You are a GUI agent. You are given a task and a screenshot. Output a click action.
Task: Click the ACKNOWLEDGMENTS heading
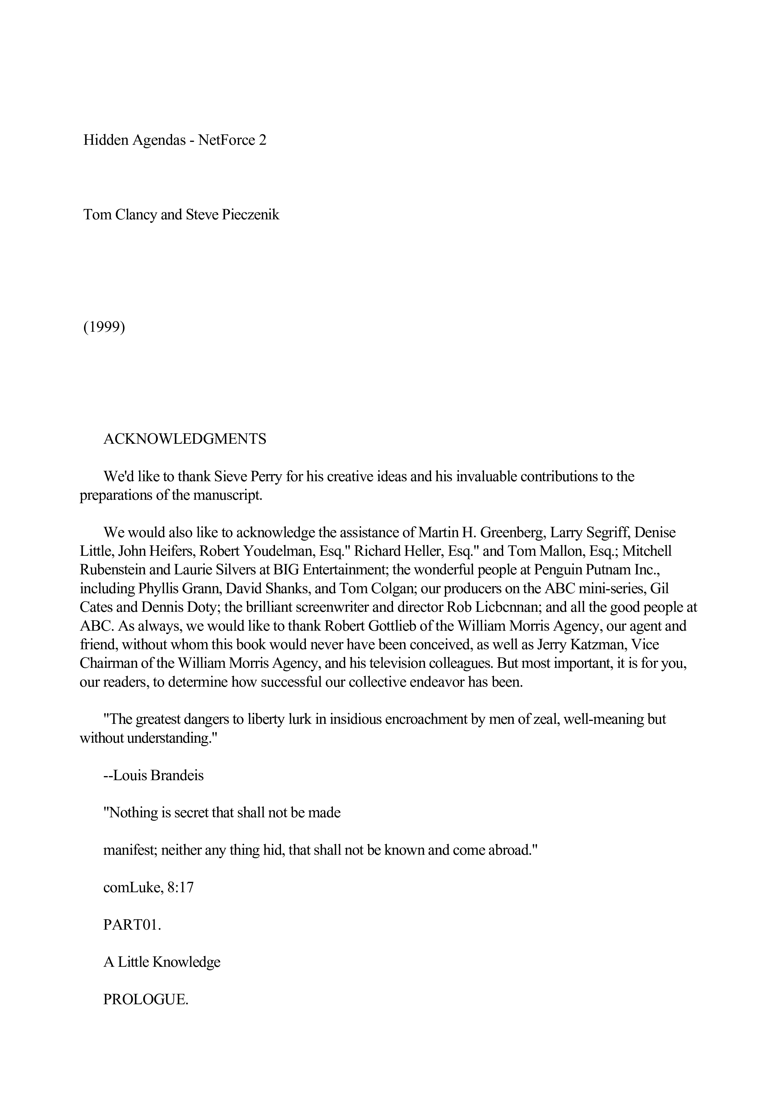click(185, 439)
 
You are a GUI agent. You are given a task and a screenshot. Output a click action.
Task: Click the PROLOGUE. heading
click(145, 1000)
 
